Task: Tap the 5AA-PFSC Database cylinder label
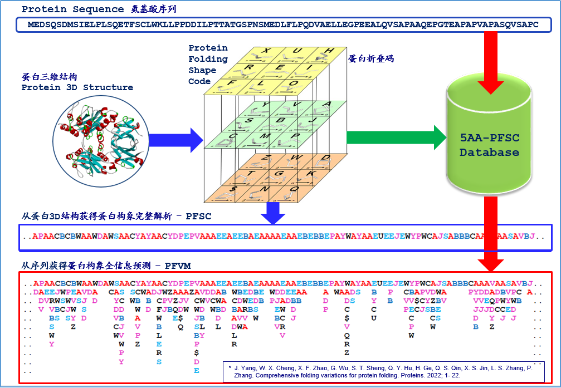[490, 144]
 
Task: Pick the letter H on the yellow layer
[329, 51]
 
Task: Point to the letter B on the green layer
[281, 120]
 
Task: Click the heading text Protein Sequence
[72, 9]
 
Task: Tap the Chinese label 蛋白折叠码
[372, 58]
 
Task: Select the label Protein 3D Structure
[77, 87]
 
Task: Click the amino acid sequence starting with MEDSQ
[283, 25]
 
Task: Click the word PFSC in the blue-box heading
[199, 215]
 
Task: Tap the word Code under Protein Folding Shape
[199, 81]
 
